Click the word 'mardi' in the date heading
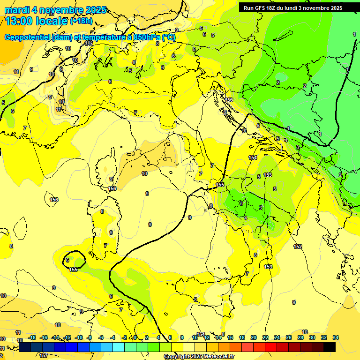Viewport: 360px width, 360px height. tap(16, 10)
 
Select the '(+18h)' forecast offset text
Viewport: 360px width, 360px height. tap(81, 21)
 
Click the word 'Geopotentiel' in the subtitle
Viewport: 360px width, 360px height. tap(28, 37)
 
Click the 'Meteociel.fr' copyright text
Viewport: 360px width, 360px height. tap(216, 357)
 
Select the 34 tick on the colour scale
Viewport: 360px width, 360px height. tap(336, 337)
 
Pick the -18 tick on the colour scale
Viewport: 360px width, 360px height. tap(32, 337)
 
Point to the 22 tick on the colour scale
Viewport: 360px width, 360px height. tap(265, 337)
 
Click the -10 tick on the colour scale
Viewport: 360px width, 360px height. tap(79, 337)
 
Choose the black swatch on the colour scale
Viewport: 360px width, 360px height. tap(329, 347)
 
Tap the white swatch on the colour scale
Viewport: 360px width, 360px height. tap(189, 347)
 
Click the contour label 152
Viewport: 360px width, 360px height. tap(298, 247)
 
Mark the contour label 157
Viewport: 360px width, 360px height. tap(44, 355)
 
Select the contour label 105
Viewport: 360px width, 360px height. tap(89, 43)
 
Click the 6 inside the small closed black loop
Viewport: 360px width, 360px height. tap(67, 260)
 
